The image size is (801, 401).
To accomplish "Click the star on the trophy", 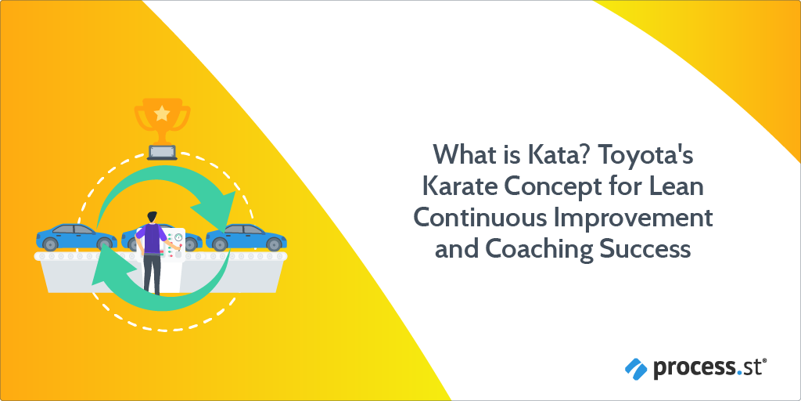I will click(x=161, y=114).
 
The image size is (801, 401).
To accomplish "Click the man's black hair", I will click(x=151, y=215).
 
